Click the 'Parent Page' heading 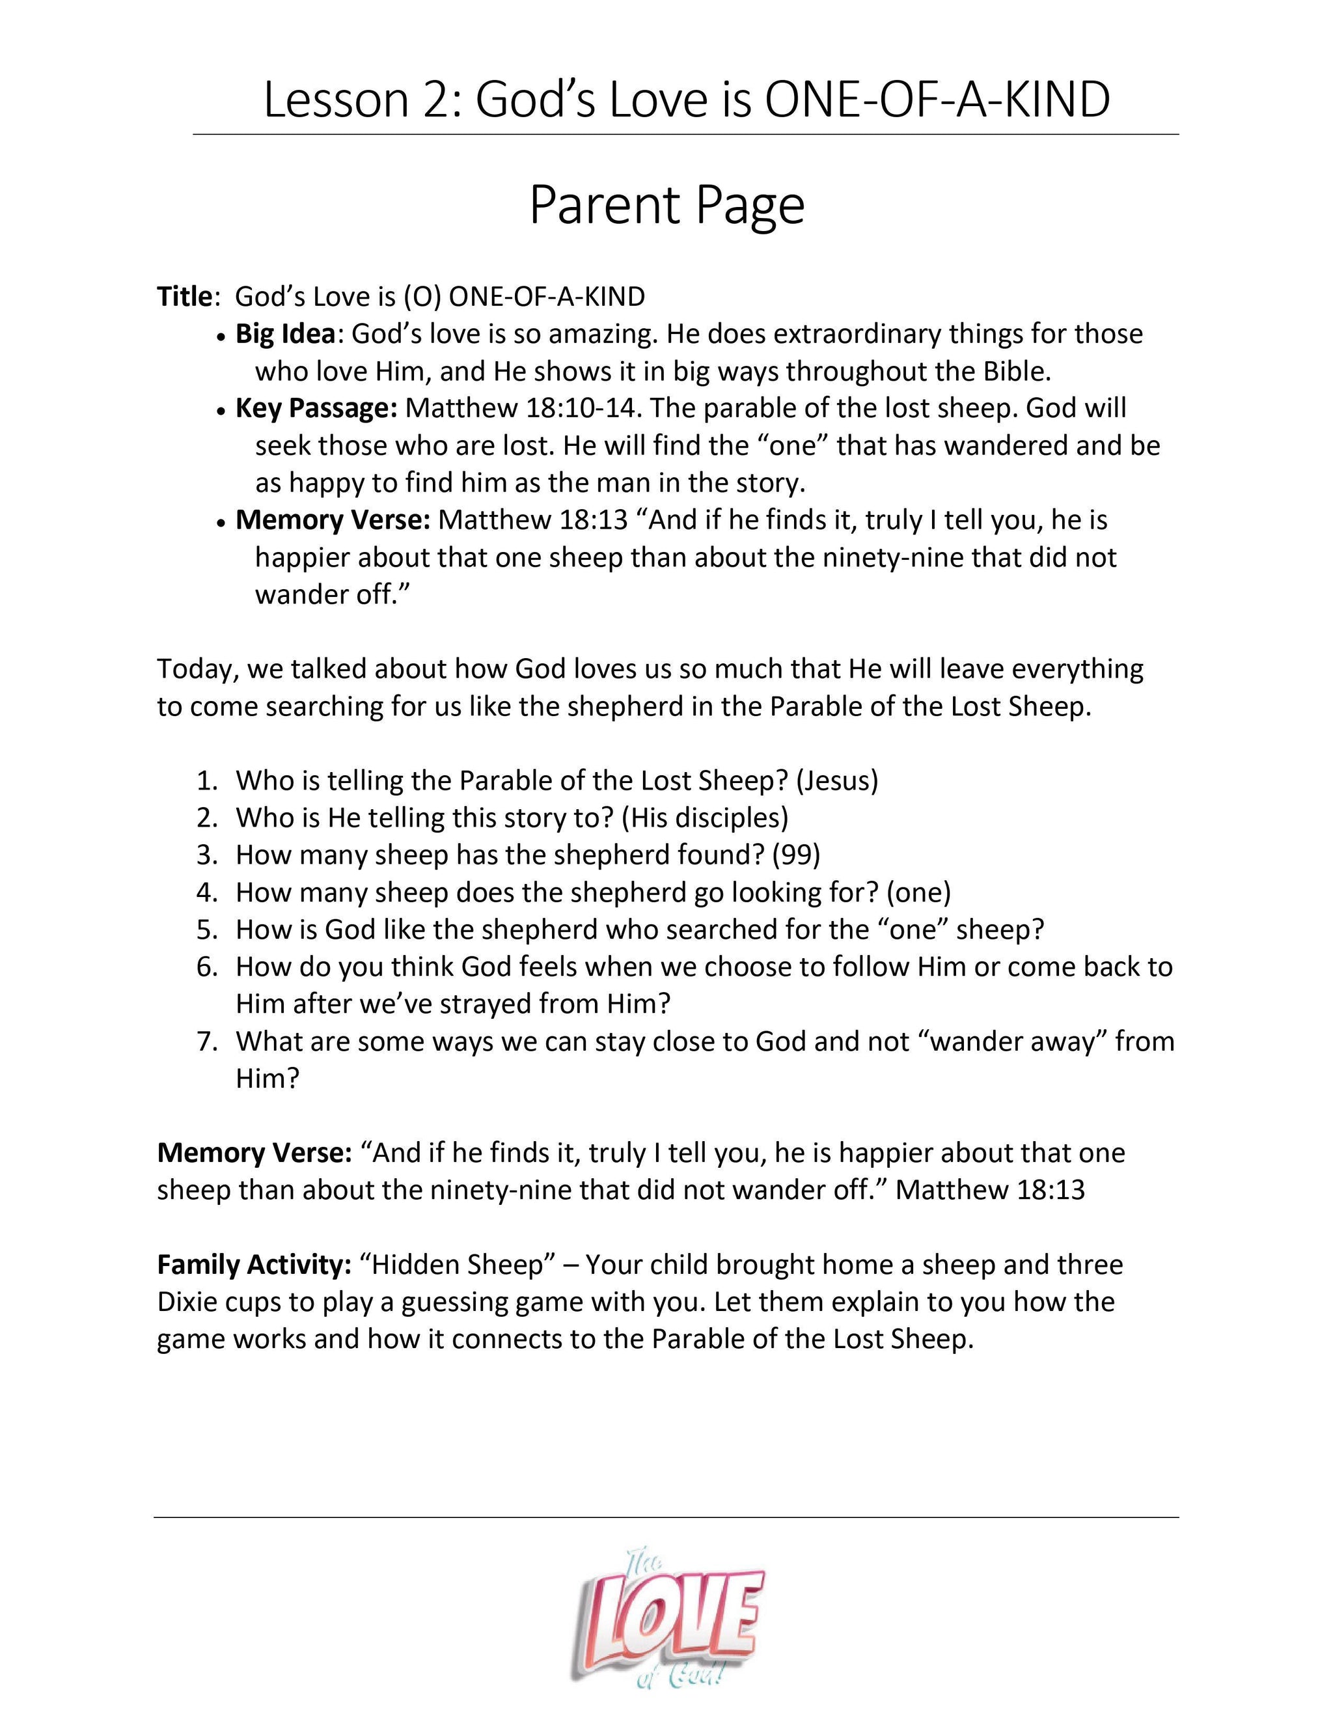click(x=666, y=205)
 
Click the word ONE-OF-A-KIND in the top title click(x=937, y=101)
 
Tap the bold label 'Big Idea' click(x=285, y=334)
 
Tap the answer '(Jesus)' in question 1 click(x=837, y=780)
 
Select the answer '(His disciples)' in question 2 click(x=705, y=818)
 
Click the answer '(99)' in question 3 click(x=796, y=855)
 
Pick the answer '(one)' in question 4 click(x=918, y=892)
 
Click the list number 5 click(x=207, y=930)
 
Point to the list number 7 click(x=207, y=1042)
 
